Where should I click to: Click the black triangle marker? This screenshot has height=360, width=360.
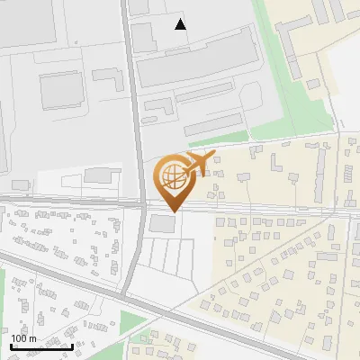point(181,24)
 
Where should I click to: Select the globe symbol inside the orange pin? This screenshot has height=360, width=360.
point(171,177)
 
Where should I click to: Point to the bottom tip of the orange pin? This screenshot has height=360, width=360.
point(171,211)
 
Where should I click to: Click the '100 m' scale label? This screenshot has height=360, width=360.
point(23,338)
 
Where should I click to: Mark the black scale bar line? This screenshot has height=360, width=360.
point(41,346)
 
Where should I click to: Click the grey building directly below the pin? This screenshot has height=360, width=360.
point(164,223)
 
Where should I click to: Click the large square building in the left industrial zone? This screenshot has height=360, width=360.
point(59,91)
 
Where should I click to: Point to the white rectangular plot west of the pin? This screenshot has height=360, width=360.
point(91,177)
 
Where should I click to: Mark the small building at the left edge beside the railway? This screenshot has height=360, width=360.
point(20,184)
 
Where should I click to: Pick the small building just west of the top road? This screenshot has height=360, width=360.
point(107,76)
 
